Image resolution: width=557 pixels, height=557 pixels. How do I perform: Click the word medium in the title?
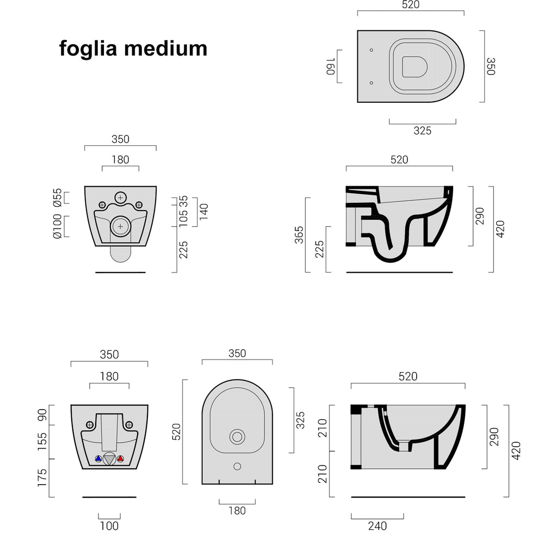pos(166,48)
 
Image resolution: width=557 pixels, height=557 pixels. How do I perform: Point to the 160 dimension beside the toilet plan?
pos(330,67)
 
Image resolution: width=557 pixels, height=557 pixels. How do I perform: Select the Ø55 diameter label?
pos(57,197)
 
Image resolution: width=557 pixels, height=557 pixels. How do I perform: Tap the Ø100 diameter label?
pos(57,226)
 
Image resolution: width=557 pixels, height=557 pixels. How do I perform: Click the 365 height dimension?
pos(299,234)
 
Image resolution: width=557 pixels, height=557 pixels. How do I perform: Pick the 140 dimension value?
pos(204,212)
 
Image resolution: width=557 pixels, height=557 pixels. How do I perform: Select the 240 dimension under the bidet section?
pos(377,526)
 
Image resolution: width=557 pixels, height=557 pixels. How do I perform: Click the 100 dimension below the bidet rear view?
pos(109,526)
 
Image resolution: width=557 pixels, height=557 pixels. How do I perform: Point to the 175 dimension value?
pos(42,478)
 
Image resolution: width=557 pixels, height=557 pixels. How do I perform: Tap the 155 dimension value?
pos(42,442)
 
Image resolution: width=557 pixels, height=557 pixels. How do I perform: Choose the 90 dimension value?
pos(42,415)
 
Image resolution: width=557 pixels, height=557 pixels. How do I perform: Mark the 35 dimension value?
pos(184,200)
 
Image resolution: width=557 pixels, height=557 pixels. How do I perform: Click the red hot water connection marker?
pos(120,459)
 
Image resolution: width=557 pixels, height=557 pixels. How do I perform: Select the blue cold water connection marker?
pos(98,459)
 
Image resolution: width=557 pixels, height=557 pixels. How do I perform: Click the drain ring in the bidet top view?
pos(237,436)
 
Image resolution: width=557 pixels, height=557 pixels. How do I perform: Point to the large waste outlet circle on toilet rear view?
pos(120,227)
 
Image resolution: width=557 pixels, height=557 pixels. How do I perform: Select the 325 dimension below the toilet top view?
pos(423,131)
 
